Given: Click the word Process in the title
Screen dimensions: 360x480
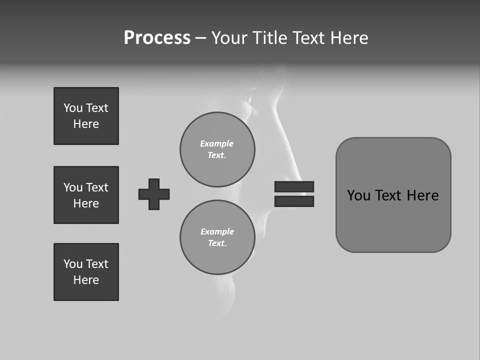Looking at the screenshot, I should (x=157, y=38).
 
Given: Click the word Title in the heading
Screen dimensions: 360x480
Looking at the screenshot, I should (x=269, y=38).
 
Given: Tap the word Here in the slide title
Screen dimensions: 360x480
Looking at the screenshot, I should (x=348, y=38).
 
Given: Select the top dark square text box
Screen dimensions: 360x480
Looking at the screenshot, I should (x=86, y=116).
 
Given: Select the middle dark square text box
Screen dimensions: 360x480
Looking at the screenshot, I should (x=86, y=195).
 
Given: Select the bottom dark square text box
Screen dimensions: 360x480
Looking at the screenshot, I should (x=86, y=272).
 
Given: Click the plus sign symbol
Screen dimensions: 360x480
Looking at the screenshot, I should (x=154, y=194).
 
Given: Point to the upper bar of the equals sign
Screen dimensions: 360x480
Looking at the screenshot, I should (x=294, y=186).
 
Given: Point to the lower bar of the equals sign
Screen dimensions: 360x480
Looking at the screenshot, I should (x=294, y=201).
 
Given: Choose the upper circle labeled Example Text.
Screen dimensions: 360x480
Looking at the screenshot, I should (x=217, y=149).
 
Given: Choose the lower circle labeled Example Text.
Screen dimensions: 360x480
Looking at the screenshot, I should (x=217, y=237).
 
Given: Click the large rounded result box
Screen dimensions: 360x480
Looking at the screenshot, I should (x=393, y=220).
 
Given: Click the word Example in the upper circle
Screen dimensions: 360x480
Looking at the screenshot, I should (x=216, y=143).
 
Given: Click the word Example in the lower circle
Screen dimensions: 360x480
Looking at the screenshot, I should (x=217, y=231).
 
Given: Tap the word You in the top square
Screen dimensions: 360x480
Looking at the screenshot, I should (x=73, y=108).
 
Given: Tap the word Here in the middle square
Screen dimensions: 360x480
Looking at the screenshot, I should (x=86, y=203).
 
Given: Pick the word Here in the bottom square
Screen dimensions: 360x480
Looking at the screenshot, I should (x=86, y=280).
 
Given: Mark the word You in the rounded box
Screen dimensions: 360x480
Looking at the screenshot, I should (x=358, y=195).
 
